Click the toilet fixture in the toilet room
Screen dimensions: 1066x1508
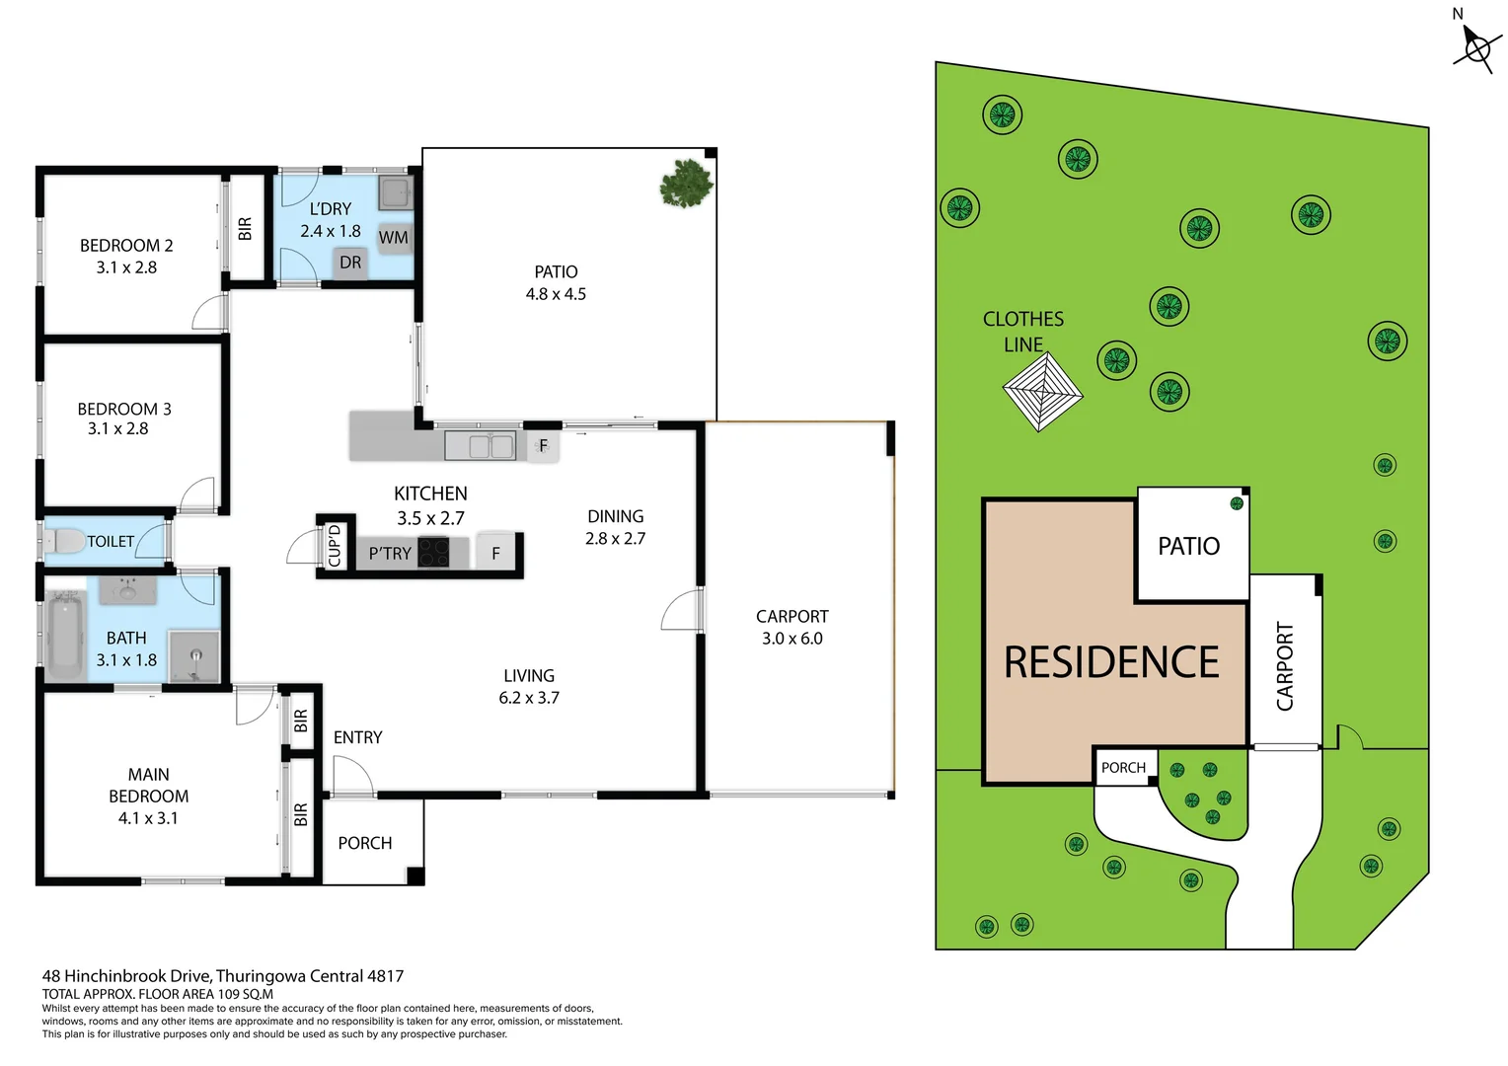(x=66, y=541)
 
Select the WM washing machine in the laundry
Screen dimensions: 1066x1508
(x=393, y=237)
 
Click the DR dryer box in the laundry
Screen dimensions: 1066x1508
(x=350, y=263)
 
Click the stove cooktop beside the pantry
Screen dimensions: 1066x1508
(x=433, y=553)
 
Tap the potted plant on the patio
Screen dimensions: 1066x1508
(x=686, y=183)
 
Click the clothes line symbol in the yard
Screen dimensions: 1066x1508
(x=1042, y=392)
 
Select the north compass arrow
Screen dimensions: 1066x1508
(x=1476, y=46)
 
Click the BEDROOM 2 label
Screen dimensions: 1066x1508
(x=126, y=246)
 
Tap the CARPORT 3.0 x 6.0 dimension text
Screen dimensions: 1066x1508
(x=792, y=639)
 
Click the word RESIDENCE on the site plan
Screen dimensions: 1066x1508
(x=1111, y=662)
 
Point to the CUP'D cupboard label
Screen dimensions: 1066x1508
(x=335, y=545)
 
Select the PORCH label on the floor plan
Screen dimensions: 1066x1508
(x=365, y=843)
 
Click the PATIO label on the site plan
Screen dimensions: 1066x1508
(x=1188, y=546)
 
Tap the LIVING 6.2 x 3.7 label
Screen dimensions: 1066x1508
(x=529, y=687)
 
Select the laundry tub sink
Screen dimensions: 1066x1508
(x=395, y=192)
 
